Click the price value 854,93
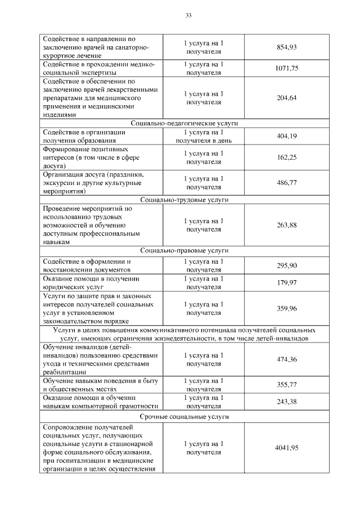pyautogui.click(x=286, y=47)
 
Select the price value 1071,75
pyautogui.click(x=286, y=68)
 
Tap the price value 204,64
pyautogui.click(x=286, y=97)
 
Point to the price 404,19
pyautogui.click(x=286, y=136)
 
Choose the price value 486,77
pyautogui.click(x=286, y=183)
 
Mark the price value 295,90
pyautogui.click(x=286, y=265)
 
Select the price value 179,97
pyautogui.click(x=286, y=282)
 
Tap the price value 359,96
pyautogui.click(x=286, y=308)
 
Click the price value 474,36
pyautogui.click(x=286, y=359)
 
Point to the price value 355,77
pyautogui.click(x=286, y=385)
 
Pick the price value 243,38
pyautogui.click(x=286, y=402)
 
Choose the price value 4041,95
pyautogui.click(x=286, y=447)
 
